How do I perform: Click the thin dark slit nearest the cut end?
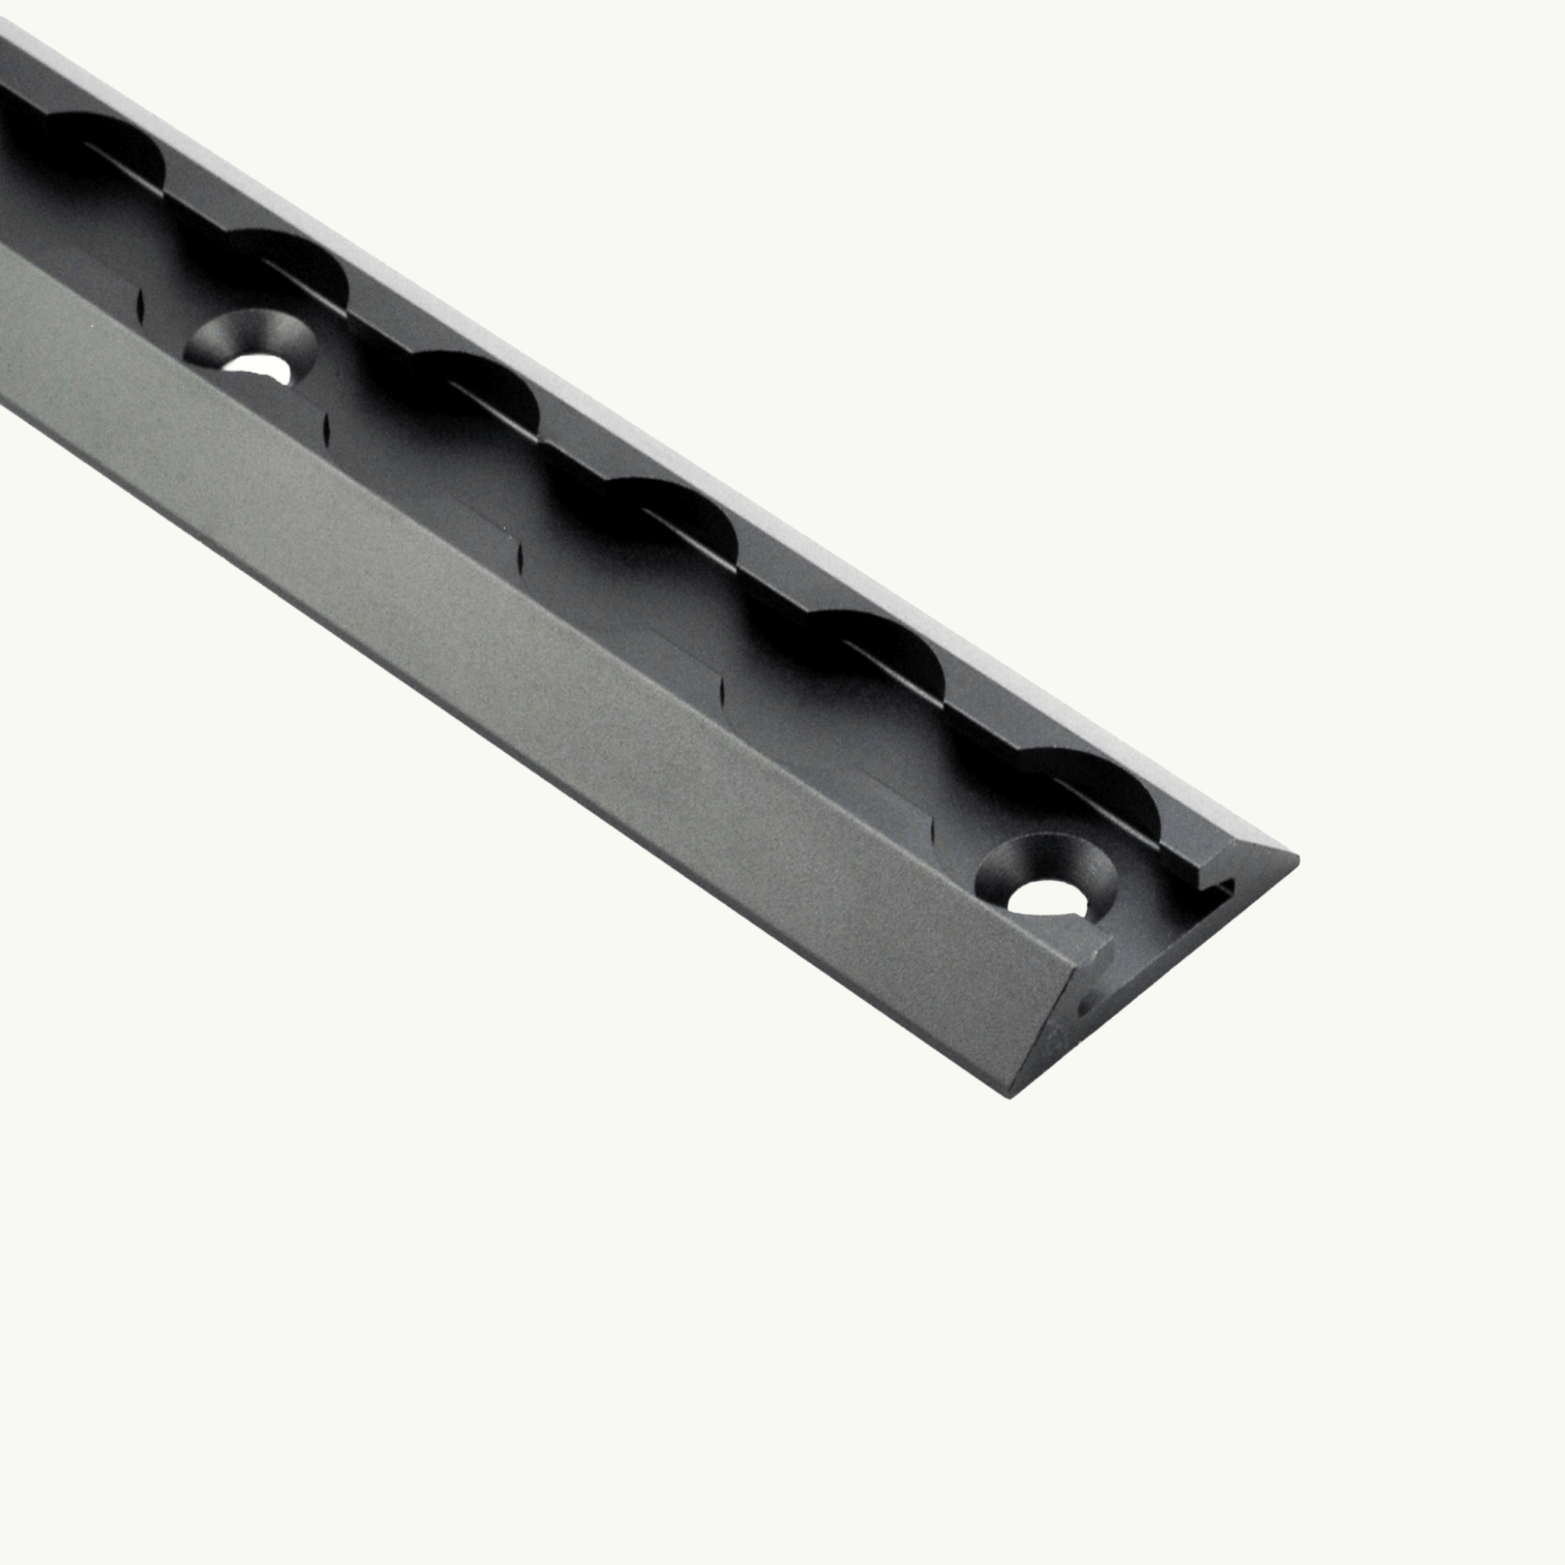(x=934, y=826)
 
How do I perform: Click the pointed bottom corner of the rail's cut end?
(x=1012, y=1097)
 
